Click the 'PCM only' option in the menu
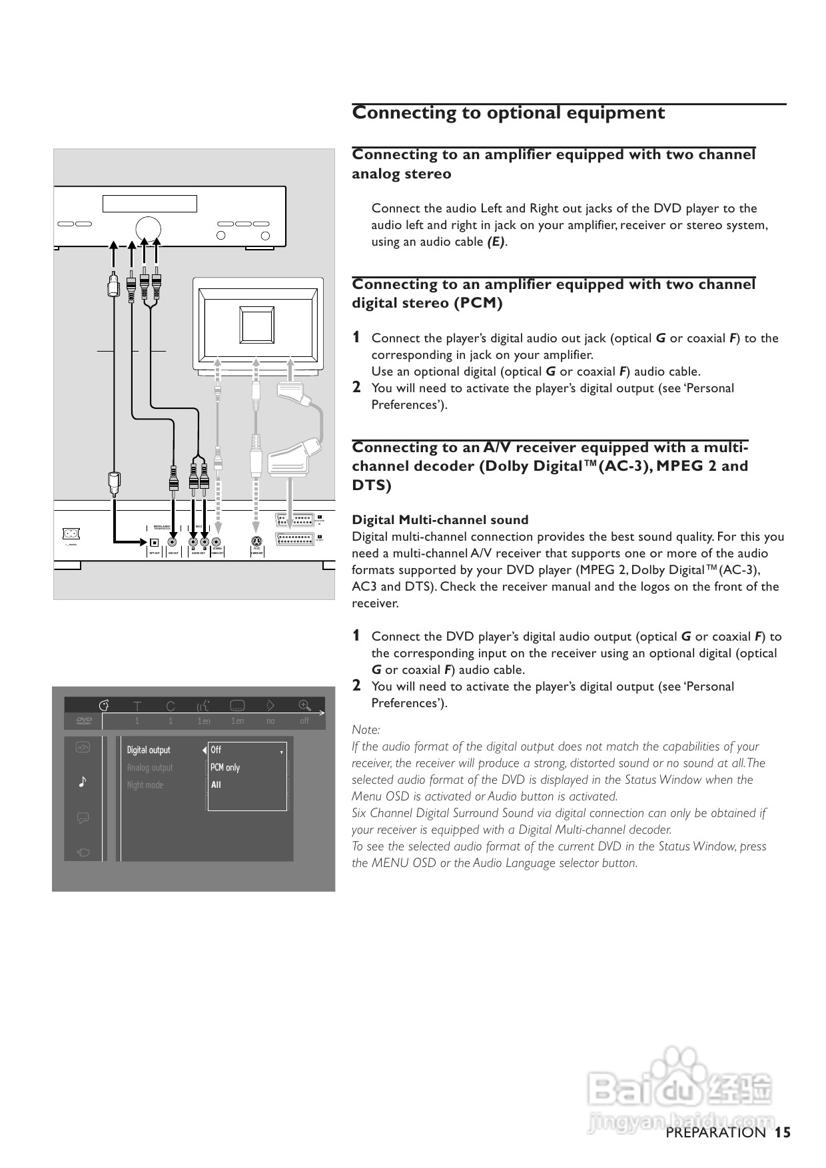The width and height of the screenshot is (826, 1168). click(225, 767)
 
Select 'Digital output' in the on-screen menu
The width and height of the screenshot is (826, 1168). click(149, 750)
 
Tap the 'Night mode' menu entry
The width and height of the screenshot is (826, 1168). click(145, 784)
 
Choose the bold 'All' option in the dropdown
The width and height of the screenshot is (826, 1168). click(216, 784)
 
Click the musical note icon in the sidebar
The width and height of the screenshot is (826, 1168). click(83, 781)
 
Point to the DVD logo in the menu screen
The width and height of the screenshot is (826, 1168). click(83, 721)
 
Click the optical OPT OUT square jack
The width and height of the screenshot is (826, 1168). click(154, 541)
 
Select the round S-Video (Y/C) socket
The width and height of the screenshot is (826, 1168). click(255, 541)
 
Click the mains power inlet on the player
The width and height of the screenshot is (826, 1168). click(70, 533)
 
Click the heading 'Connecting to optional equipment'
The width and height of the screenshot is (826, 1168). click(508, 113)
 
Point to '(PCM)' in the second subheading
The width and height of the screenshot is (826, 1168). click(478, 303)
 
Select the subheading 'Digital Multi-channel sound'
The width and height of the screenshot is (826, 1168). click(440, 520)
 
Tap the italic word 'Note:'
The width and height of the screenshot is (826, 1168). click(366, 730)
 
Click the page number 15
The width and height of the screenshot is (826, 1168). click(783, 1132)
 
